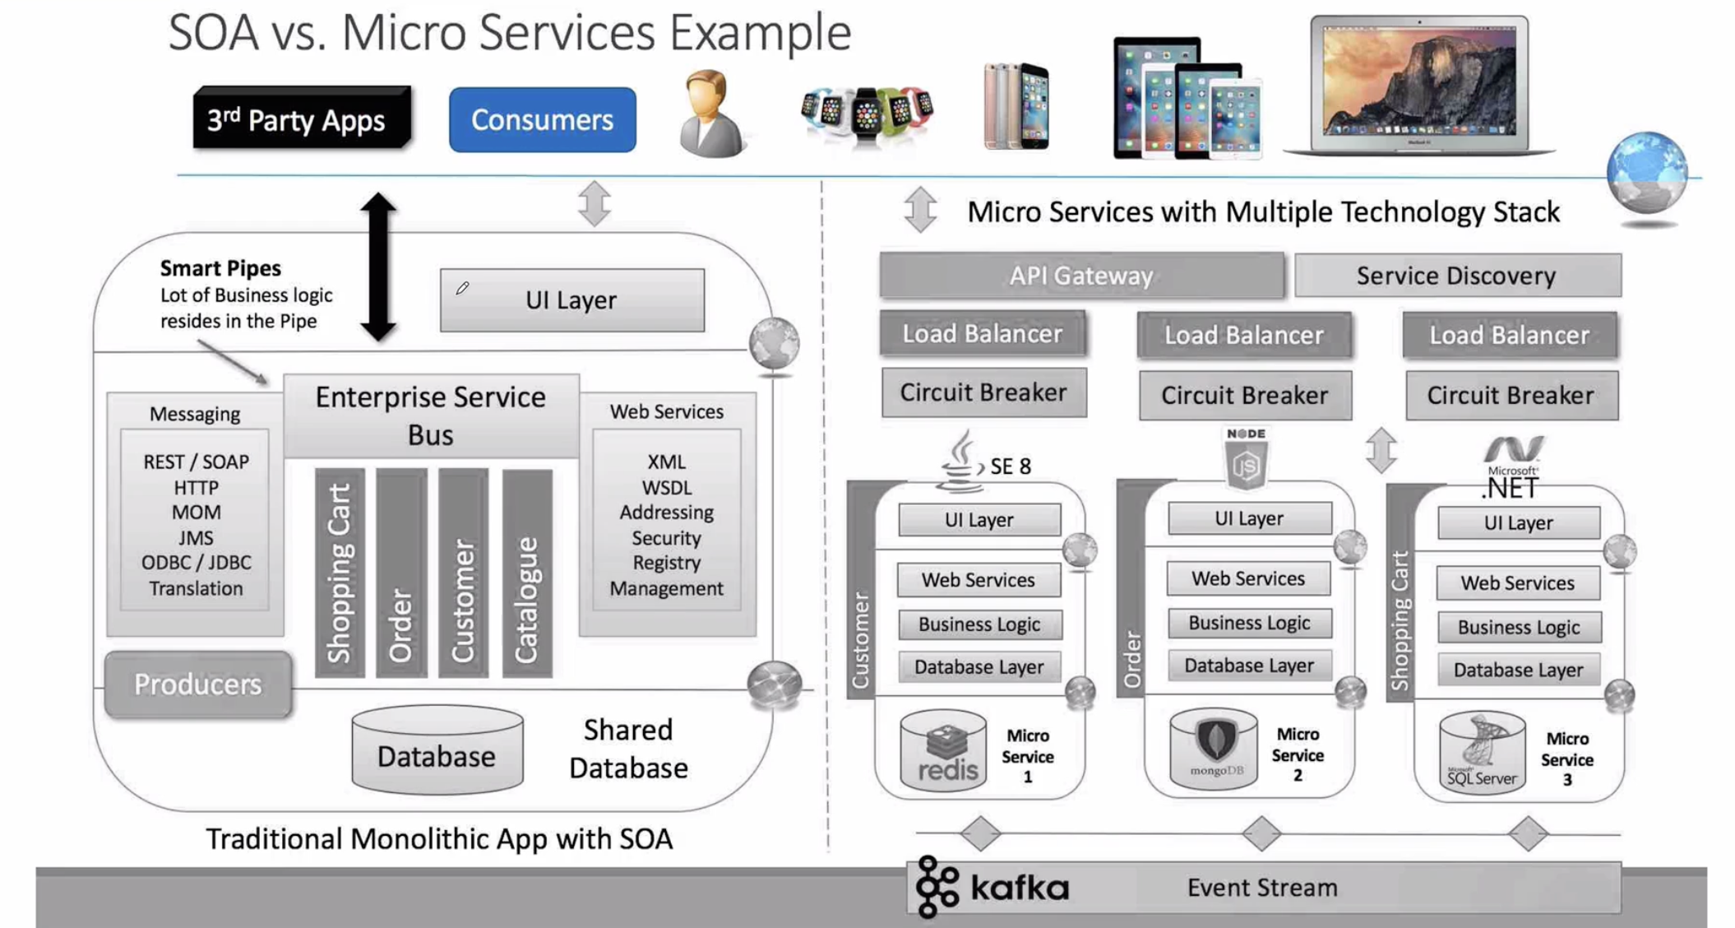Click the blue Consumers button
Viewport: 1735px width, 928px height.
click(x=542, y=120)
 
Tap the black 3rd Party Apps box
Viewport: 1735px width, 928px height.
click(x=302, y=118)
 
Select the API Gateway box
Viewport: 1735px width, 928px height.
click(x=1081, y=275)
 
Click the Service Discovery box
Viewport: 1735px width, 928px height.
click(x=1457, y=275)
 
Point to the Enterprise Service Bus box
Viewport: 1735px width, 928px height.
click(x=431, y=415)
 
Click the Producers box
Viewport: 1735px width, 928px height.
click(x=198, y=684)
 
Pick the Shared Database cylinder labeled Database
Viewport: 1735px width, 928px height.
click(x=437, y=750)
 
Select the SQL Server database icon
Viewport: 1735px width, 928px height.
click(x=1483, y=752)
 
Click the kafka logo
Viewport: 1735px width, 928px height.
click(x=992, y=887)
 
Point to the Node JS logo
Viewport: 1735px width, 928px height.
click(x=1246, y=458)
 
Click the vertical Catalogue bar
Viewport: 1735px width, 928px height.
click(x=527, y=573)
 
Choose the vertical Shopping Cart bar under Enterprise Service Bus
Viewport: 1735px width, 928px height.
click(x=340, y=573)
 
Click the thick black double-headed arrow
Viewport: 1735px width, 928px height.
click(x=378, y=267)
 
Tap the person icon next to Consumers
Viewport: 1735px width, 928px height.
click(x=712, y=114)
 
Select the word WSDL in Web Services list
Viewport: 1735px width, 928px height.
click(x=666, y=488)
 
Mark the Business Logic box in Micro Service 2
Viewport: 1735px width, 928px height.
click(x=1249, y=623)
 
